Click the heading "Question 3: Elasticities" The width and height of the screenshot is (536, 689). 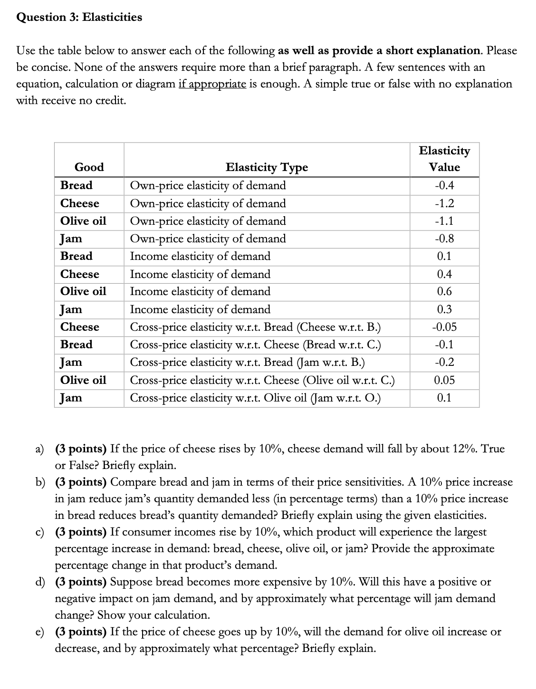(x=79, y=18)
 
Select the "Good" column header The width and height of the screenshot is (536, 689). (x=89, y=167)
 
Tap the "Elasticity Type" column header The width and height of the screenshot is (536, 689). (x=267, y=167)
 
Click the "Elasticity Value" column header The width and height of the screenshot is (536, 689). (x=444, y=159)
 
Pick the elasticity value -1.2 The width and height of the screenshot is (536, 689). (x=444, y=203)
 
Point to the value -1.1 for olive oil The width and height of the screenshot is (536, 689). (x=444, y=221)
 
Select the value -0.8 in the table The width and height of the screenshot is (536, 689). (x=444, y=239)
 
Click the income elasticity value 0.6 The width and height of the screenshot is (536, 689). (x=444, y=291)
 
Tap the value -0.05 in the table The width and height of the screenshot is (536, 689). (x=444, y=327)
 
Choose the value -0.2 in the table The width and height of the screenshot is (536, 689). (x=444, y=362)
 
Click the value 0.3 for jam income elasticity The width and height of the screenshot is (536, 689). (x=444, y=309)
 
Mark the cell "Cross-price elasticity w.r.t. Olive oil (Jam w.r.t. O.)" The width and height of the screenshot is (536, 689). (x=255, y=398)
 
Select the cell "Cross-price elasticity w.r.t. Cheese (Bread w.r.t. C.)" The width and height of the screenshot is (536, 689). (x=255, y=344)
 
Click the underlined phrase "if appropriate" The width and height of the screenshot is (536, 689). (x=212, y=84)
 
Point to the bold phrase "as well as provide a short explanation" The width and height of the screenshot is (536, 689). (x=379, y=51)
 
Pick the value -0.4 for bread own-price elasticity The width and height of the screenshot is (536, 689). (x=444, y=185)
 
